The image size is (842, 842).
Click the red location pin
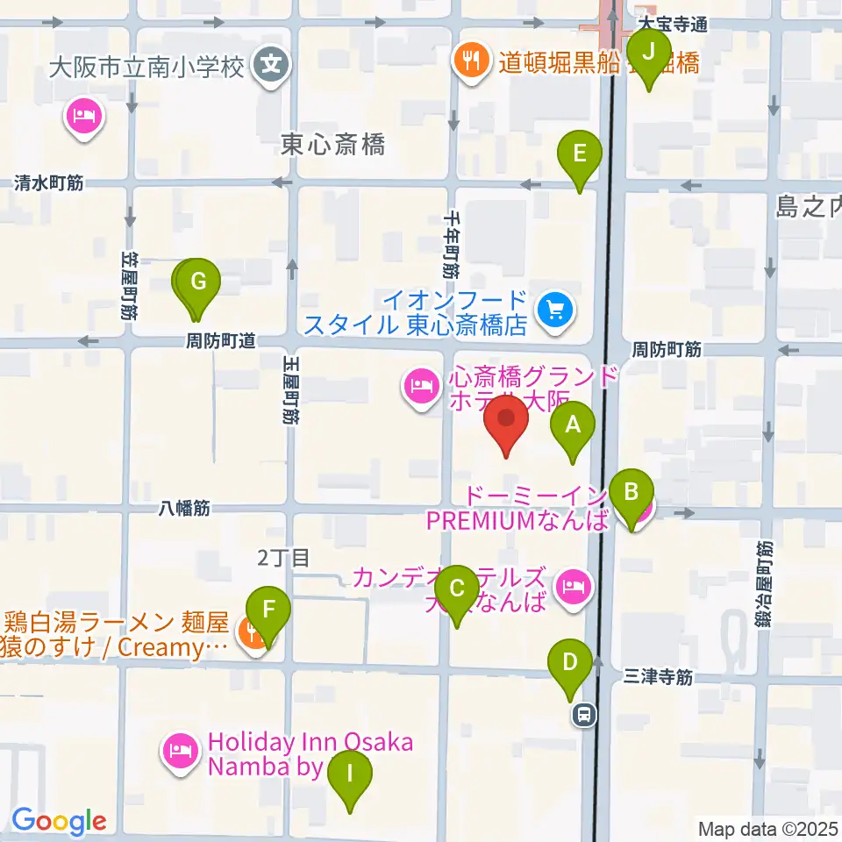click(x=506, y=424)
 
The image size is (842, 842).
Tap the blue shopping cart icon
click(x=555, y=310)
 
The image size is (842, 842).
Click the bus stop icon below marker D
click(x=582, y=716)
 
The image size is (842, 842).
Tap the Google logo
click(x=59, y=822)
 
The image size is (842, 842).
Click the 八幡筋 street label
click(x=184, y=507)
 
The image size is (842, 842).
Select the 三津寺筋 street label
click(x=660, y=677)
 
